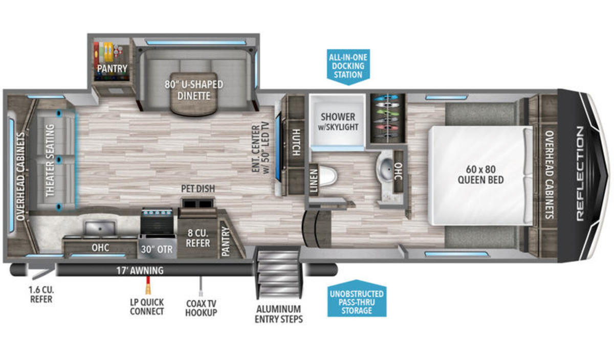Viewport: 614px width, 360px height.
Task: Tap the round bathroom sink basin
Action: click(x=387, y=167)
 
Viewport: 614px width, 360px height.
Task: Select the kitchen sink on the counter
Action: click(x=100, y=228)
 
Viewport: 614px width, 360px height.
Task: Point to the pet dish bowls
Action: click(x=198, y=204)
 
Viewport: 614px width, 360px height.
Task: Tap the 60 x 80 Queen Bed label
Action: click(x=480, y=174)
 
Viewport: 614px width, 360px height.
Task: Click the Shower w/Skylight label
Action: click(x=338, y=121)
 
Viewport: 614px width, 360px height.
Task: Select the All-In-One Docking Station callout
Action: click(x=348, y=67)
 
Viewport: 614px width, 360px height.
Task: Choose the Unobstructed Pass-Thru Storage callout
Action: click(x=357, y=299)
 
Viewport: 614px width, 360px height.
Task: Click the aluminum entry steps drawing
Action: click(x=279, y=272)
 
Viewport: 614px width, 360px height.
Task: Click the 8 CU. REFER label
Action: click(x=198, y=238)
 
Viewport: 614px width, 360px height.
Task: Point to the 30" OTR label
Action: click(x=157, y=250)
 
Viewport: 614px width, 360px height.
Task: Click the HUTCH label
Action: click(x=296, y=143)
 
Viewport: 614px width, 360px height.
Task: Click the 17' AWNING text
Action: click(x=140, y=271)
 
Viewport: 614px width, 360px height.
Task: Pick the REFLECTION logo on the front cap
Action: click(x=580, y=174)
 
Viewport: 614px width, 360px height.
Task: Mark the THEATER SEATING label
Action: click(x=50, y=161)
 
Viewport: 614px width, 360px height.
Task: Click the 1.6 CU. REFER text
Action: click(x=41, y=294)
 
